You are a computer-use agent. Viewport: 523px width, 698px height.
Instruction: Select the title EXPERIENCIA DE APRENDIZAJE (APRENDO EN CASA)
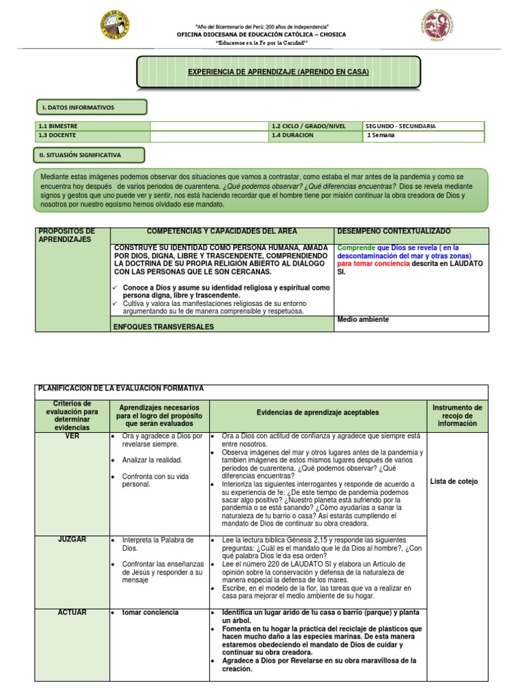point(278,72)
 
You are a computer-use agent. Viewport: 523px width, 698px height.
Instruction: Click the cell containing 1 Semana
point(381,135)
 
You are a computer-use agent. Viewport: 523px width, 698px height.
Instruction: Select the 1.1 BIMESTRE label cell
point(58,126)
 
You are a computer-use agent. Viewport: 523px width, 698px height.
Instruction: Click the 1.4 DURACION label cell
point(292,135)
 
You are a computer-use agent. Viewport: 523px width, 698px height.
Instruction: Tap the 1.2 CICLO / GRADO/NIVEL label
point(308,126)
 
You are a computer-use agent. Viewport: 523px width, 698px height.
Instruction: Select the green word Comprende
point(356,248)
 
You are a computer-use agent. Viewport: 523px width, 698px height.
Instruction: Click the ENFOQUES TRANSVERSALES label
point(163,327)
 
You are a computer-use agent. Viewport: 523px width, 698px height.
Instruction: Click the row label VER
point(72,436)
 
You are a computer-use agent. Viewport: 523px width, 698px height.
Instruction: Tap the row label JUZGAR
point(72,539)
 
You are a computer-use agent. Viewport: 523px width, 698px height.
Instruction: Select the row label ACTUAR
point(72,612)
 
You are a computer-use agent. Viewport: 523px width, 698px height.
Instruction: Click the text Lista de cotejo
point(454,481)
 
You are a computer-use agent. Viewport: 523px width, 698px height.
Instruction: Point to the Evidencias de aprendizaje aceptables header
point(317,412)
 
